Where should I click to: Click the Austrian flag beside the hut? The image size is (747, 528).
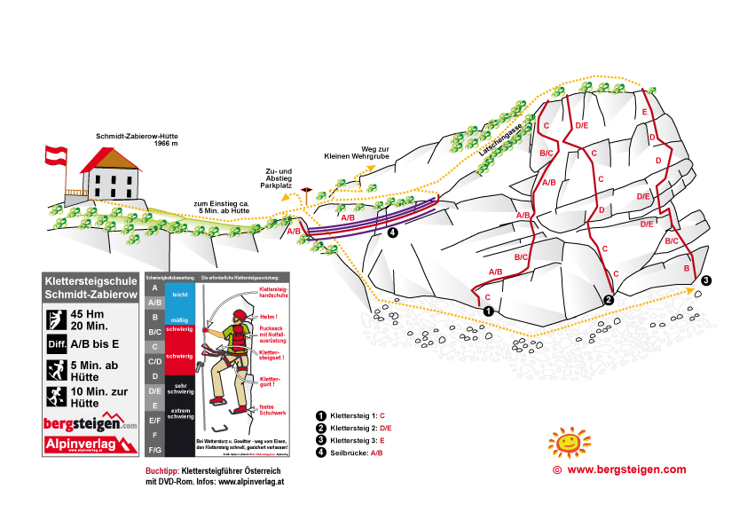[56, 154]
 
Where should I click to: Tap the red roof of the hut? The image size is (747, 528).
[110, 161]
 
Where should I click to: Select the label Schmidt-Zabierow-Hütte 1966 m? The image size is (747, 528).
[137, 139]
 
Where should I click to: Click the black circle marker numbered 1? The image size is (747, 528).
[488, 311]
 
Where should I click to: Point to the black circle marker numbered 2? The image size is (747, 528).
[609, 300]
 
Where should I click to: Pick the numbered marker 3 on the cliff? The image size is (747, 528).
[705, 281]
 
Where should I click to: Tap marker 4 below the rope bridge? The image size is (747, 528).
[393, 233]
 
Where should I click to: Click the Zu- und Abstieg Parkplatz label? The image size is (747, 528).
[279, 178]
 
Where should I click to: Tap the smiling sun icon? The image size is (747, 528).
[568, 440]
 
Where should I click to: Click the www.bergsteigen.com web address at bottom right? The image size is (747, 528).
[626, 469]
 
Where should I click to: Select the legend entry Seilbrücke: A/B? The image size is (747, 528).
[355, 453]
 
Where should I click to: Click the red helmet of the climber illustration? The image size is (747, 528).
[239, 316]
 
